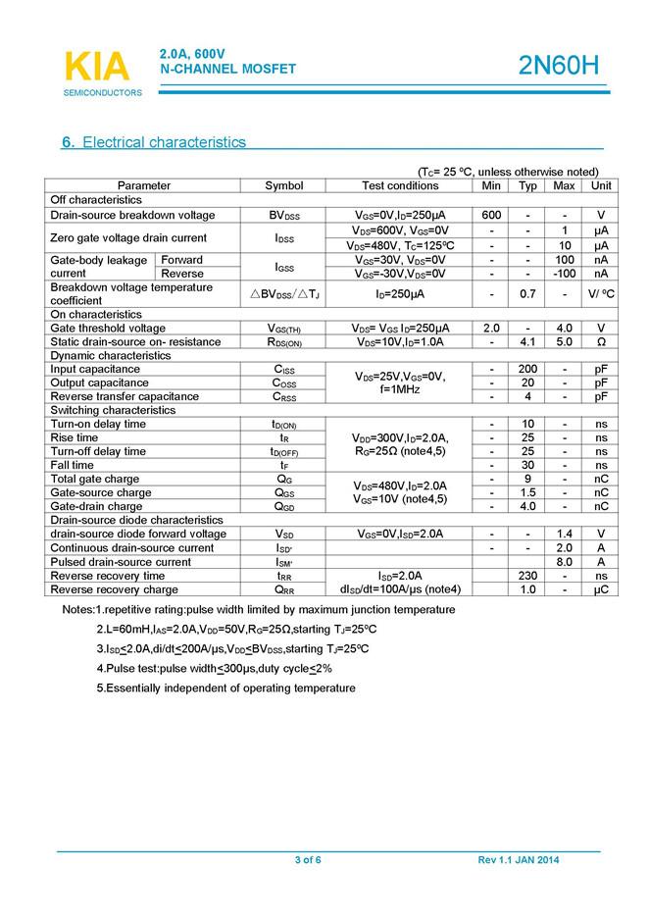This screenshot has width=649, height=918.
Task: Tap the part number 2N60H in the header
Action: click(x=558, y=66)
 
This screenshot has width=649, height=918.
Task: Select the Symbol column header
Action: click(x=284, y=185)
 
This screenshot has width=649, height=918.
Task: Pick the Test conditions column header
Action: click(x=400, y=185)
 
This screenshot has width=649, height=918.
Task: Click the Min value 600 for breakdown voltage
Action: click(x=491, y=215)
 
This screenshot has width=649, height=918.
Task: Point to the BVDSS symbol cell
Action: click(x=284, y=215)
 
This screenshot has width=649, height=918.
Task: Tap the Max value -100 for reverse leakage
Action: click(x=564, y=274)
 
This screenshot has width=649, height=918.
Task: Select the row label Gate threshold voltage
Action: click(x=108, y=328)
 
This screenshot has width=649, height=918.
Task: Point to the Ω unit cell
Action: click(x=601, y=341)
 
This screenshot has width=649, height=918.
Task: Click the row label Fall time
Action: click(x=74, y=465)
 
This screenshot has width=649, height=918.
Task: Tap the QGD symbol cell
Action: click(x=284, y=506)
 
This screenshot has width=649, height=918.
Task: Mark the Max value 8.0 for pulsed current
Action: click(x=564, y=562)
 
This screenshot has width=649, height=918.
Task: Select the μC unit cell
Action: click(x=601, y=589)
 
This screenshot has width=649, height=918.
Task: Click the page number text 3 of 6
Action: click(x=308, y=860)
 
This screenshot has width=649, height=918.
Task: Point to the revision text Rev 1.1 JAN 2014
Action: click(x=519, y=860)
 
